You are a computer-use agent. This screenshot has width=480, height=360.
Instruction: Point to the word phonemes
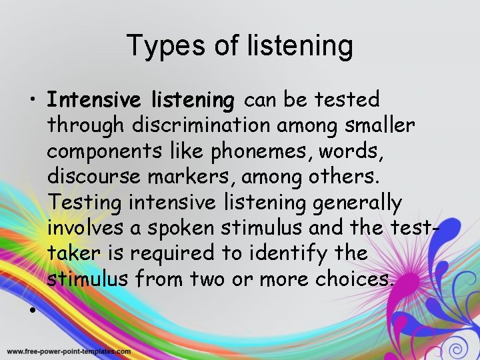click(x=256, y=151)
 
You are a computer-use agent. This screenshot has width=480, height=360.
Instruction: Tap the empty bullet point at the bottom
click(x=32, y=311)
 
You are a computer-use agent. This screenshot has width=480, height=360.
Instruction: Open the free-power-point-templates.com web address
click(x=69, y=351)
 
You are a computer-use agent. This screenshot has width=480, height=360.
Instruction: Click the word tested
click(x=347, y=101)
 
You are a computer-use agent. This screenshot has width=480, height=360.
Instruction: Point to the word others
click(x=352, y=177)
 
